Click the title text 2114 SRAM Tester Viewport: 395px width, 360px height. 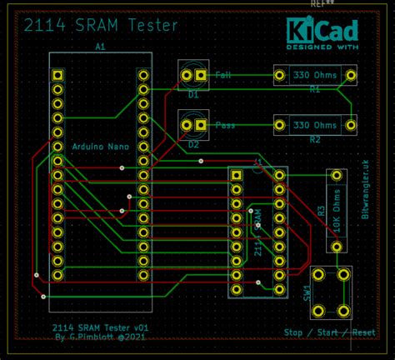click(101, 26)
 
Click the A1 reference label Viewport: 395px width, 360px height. click(101, 48)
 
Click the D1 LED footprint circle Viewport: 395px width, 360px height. click(193, 76)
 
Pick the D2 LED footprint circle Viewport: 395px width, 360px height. click(193, 125)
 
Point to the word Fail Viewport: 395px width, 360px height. click(223, 76)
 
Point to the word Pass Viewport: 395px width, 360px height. click(225, 125)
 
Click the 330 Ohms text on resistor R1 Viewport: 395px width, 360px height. click(314, 76)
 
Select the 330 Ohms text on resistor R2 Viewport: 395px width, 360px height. click(314, 125)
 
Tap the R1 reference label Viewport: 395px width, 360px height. click(315, 88)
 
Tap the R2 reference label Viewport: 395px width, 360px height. click(315, 139)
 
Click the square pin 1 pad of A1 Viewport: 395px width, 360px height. click(57, 76)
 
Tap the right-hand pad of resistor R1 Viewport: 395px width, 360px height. click(351, 76)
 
